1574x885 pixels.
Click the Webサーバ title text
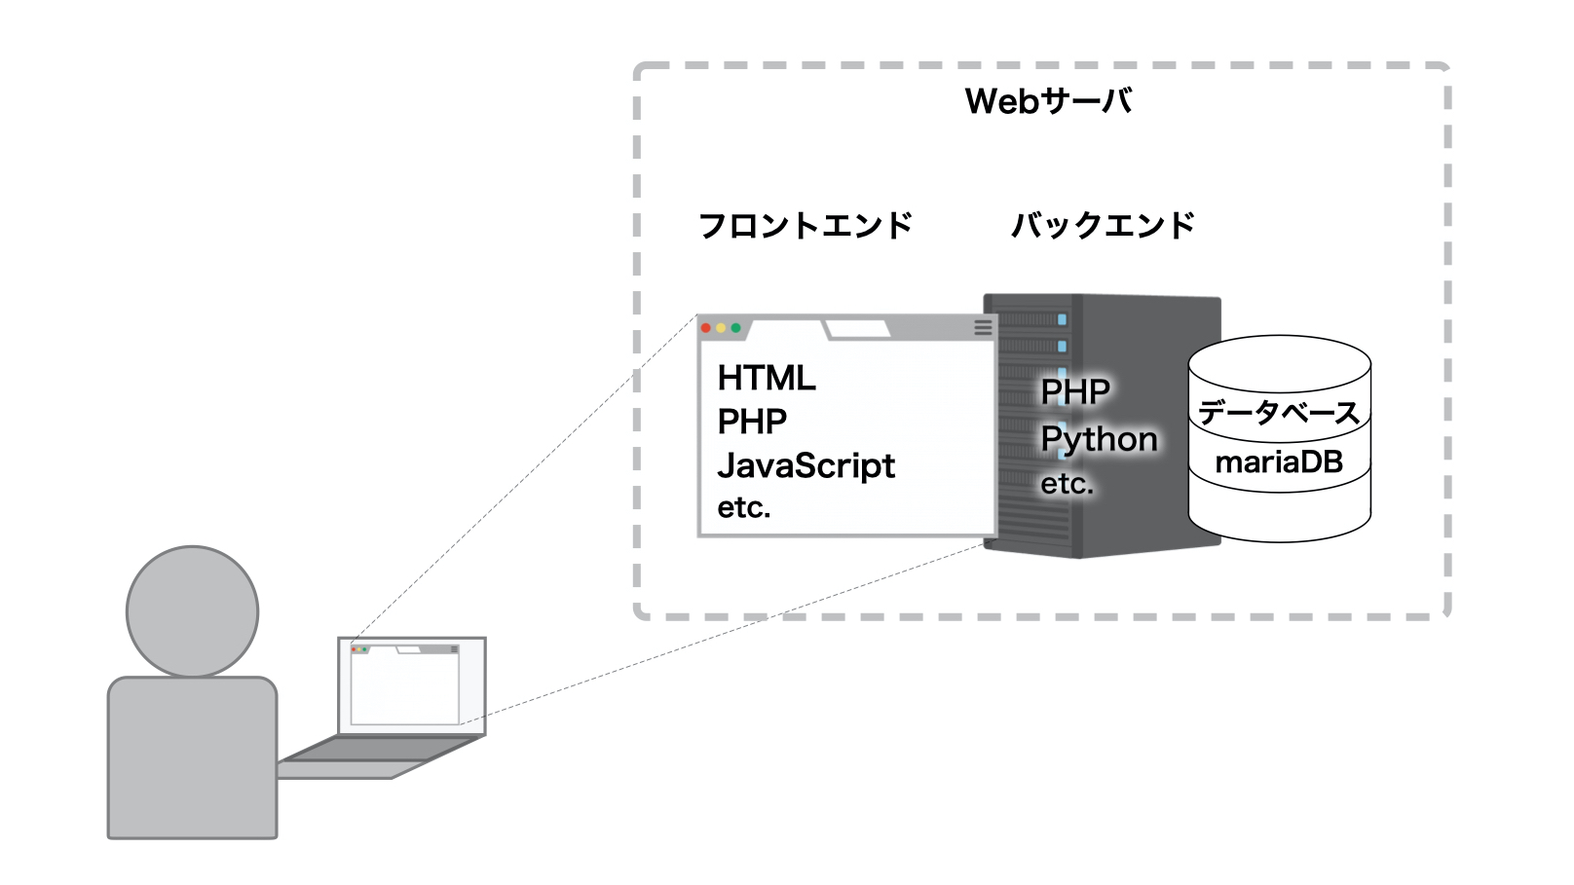(1048, 101)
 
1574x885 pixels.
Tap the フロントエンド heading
(806, 226)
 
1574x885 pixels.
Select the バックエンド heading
(1103, 226)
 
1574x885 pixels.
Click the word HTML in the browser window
(767, 378)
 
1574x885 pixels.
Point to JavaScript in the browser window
(806, 465)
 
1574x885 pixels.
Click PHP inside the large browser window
(752, 422)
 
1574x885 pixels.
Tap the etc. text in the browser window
(744, 507)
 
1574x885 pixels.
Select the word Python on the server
(1099, 439)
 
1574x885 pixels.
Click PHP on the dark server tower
(1075, 392)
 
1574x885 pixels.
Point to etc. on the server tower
(1067, 484)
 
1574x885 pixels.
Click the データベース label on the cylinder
(1279, 413)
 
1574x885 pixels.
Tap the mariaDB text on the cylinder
(1279, 461)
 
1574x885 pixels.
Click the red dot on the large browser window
(706, 328)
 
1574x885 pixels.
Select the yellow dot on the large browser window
(721, 328)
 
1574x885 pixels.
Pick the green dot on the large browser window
(735, 328)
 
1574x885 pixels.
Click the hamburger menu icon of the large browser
(983, 328)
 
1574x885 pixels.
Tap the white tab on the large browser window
(858, 329)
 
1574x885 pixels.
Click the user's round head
(192, 611)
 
